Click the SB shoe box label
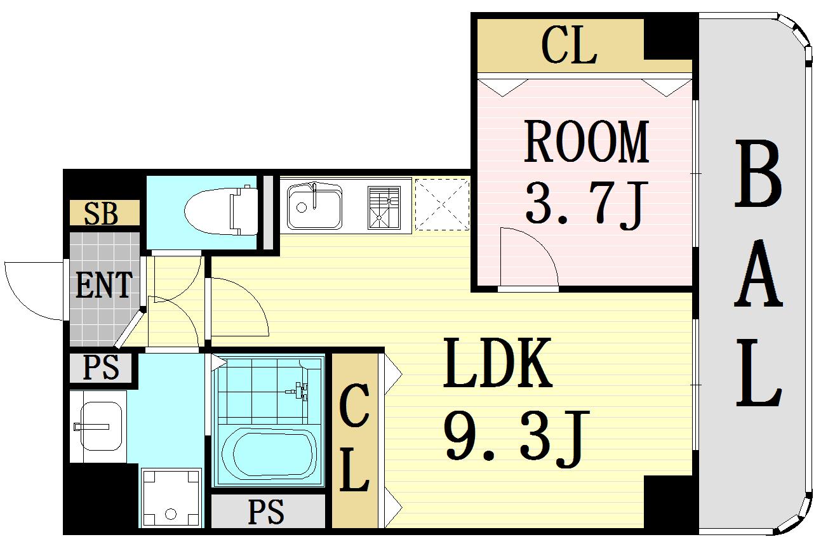tap(102, 214)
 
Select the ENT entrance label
tap(104, 286)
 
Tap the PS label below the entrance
tap(102, 368)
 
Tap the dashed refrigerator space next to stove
tap(442, 204)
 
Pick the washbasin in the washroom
tap(98, 425)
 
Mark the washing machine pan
tap(170, 498)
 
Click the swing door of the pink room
tap(529, 257)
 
